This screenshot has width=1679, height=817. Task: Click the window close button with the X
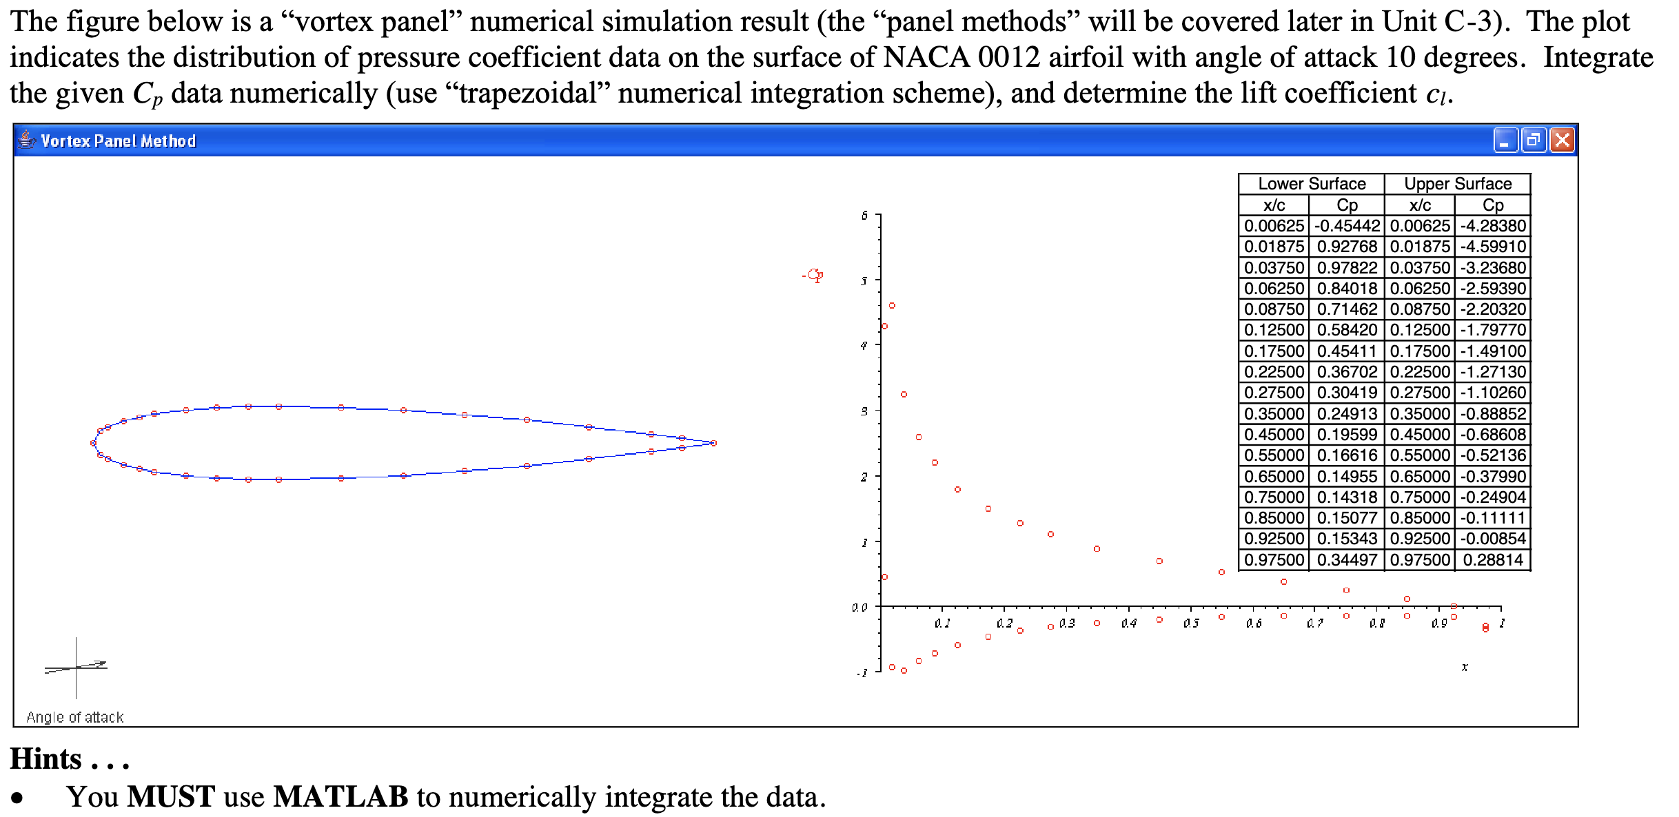1562,141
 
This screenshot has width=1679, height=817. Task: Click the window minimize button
1505,141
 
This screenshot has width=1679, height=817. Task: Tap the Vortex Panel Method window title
118,141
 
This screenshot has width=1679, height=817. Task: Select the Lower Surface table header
1311,184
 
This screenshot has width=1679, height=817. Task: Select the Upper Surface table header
1457,184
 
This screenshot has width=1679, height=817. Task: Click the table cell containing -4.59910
1493,247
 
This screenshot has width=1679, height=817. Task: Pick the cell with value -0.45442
1347,226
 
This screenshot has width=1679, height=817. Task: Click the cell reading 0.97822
1347,267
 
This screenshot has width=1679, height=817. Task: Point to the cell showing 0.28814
1493,559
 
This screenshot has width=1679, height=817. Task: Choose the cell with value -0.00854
1493,539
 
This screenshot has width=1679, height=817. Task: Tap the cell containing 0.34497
1347,559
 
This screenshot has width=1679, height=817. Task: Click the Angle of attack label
74,717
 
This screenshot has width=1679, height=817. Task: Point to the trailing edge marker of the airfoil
713,443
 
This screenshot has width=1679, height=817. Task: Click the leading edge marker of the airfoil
94,443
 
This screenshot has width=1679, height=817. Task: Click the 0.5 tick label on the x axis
1191,623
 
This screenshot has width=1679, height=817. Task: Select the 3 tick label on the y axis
864,411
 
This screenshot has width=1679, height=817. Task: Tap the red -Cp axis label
813,276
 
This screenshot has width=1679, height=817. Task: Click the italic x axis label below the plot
1465,667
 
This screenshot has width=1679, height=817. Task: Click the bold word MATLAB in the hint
340,797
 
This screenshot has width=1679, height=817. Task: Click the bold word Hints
46,759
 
